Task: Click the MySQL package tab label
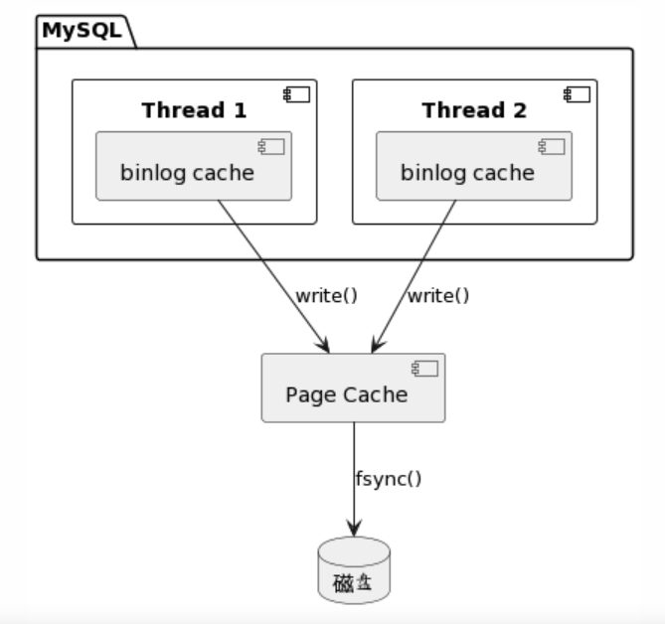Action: pyautogui.click(x=82, y=31)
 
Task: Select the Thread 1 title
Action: pyautogui.click(x=194, y=110)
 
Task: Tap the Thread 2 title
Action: pyautogui.click(x=474, y=110)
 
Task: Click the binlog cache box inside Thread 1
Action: pyautogui.click(x=194, y=166)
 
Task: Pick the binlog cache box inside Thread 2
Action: pyautogui.click(x=474, y=166)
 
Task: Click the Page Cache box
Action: pyautogui.click(x=353, y=388)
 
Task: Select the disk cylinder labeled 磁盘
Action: pyautogui.click(x=354, y=570)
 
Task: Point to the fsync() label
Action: pyautogui.click(x=389, y=479)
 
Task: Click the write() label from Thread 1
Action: pyautogui.click(x=327, y=296)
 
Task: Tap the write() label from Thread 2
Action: pyautogui.click(x=438, y=296)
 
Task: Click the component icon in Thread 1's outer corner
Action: pyautogui.click(x=297, y=94)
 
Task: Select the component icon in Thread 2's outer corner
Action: pyautogui.click(x=578, y=94)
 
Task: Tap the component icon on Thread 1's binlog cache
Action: pyautogui.click(x=271, y=147)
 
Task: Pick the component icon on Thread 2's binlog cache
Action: pyautogui.click(x=552, y=147)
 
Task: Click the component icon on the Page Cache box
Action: pyautogui.click(x=425, y=369)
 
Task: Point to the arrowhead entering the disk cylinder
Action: pyautogui.click(x=354, y=527)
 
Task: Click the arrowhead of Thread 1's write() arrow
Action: pyautogui.click(x=324, y=344)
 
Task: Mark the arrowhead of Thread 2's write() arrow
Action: pyautogui.click(x=377, y=344)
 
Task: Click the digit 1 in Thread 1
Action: pyautogui.click(x=241, y=110)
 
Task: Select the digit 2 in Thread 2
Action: pyautogui.click(x=521, y=110)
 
